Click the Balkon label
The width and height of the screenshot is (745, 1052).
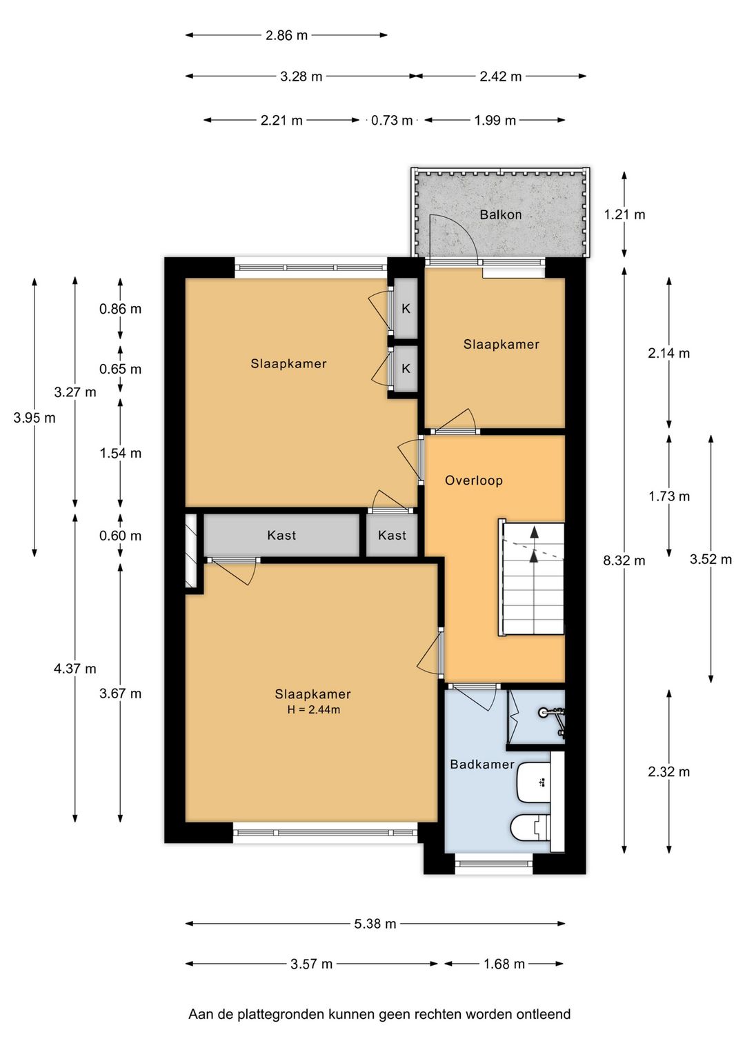coord(501,214)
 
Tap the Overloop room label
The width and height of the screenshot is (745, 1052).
coord(474,481)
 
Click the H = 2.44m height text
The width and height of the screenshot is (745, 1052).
coord(313,709)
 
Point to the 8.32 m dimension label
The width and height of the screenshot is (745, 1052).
coord(624,560)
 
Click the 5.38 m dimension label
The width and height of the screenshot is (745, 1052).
coord(375,924)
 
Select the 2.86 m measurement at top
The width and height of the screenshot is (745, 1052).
coord(286,35)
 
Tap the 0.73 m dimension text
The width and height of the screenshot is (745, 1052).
coord(392,121)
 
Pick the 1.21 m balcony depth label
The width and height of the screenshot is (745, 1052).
coord(624,214)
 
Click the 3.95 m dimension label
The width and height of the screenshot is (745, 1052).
coord(34,418)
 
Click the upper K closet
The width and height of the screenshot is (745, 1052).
coord(406,308)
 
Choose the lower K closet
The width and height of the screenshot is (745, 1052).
coord(406,368)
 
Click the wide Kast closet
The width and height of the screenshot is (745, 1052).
coord(281,535)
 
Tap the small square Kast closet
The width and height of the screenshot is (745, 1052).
coord(392,535)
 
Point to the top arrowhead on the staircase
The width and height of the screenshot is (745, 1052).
coord(534,532)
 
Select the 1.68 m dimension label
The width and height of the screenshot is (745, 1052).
coord(504,964)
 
